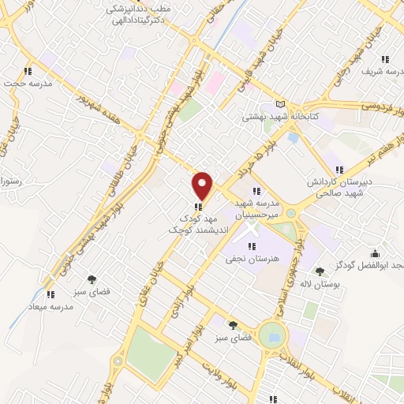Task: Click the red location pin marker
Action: [203, 185]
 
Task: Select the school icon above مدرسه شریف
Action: [385, 58]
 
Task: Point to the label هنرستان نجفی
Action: [252, 258]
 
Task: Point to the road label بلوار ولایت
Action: [217, 368]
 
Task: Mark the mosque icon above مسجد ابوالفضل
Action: [373, 253]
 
